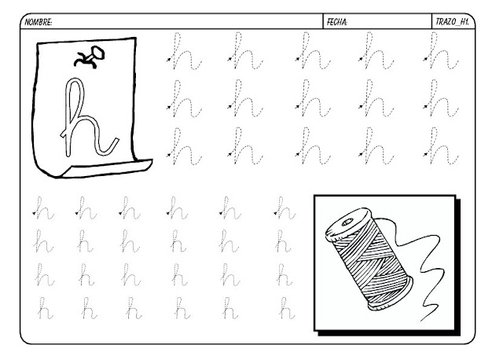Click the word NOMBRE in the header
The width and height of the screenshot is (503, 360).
(x=39, y=22)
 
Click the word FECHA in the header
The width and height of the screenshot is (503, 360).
(x=337, y=22)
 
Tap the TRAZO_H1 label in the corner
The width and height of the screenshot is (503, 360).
(x=453, y=22)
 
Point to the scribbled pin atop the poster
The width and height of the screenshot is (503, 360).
(x=90, y=57)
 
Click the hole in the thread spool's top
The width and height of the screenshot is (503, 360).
(x=347, y=222)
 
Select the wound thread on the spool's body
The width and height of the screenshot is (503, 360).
(x=369, y=260)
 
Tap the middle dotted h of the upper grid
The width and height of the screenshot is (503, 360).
(x=313, y=98)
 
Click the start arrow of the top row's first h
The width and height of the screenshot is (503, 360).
(x=169, y=60)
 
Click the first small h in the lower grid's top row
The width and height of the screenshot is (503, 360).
(x=44, y=208)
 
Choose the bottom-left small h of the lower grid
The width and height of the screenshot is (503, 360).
(x=45, y=308)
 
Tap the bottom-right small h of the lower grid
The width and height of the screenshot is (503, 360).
(x=286, y=308)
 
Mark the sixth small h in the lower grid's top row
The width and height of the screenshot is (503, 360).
(x=285, y=208)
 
